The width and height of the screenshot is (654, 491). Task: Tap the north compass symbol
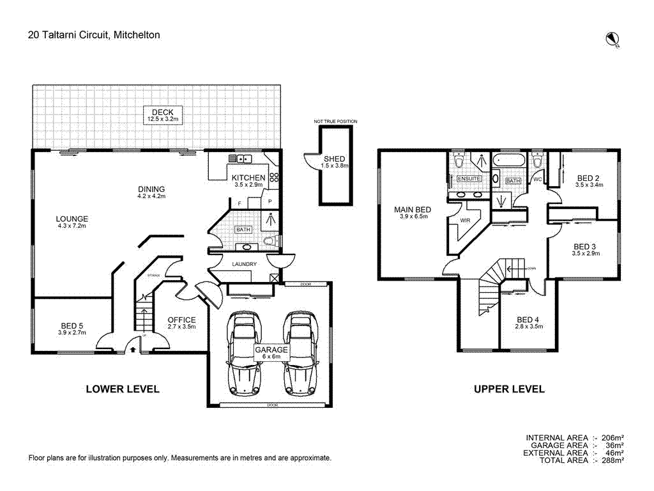[x=612, y=40]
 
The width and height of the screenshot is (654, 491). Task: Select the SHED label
[x=334, y=159]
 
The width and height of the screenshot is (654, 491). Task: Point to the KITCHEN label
[x=248, y=178]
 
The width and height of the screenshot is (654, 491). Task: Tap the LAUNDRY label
[x=245, y=264]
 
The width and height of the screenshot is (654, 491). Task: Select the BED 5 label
[x=71, y=325]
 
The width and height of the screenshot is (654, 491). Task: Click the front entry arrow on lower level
[x=132, y=349]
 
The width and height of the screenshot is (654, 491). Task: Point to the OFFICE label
[x=181, y=320]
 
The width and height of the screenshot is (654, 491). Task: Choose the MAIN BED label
[x=412, y=210]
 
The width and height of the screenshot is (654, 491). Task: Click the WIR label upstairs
[x=465, y=221]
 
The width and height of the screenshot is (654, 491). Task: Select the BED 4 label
[x=528, y=320]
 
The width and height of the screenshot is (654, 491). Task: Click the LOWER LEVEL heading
[x=123, y=389]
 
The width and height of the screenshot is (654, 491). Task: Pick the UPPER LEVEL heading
[x=509, y=389]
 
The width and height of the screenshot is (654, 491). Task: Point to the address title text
[x=94, y=35]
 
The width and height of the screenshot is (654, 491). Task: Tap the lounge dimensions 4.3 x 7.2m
[x=72, y=226]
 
